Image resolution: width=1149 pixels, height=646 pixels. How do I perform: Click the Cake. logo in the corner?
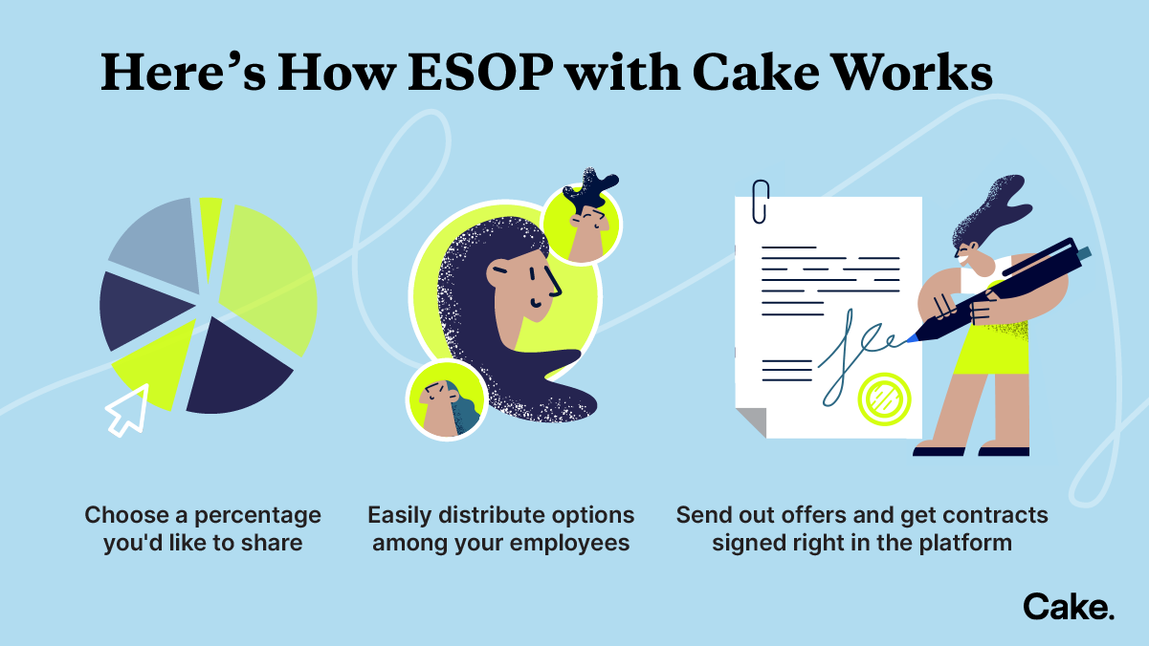(1068, 607)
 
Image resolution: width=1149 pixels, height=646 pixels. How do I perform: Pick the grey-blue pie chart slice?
(155, 246)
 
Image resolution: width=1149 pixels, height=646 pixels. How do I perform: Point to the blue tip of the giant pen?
(911, 337)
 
